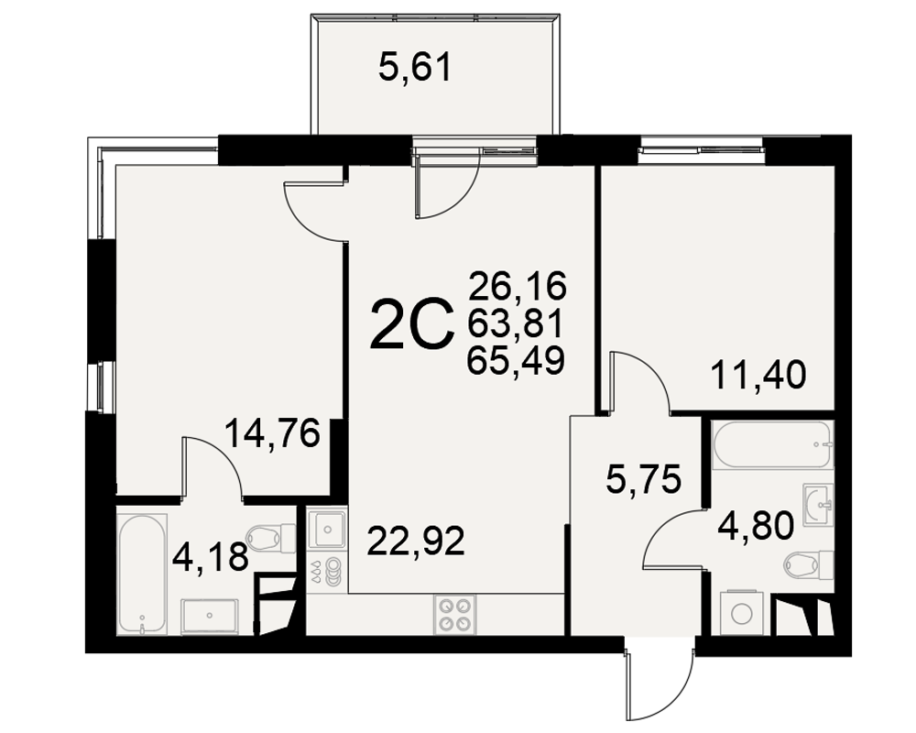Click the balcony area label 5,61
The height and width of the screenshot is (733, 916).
[x=415, y=67]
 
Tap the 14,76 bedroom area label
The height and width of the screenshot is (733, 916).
[x=273, y=433]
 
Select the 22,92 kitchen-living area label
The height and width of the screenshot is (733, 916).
[x=415, y=541]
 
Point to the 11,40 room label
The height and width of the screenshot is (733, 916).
[x=758, y=375]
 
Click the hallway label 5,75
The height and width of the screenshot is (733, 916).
[x=644, y=479]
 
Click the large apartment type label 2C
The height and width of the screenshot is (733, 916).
[x=412, y=324]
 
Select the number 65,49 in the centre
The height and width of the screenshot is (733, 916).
[x=515, y=359]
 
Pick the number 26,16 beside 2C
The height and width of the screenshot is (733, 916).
[x=518, y=286]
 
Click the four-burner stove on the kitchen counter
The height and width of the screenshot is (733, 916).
[x=455, y=614]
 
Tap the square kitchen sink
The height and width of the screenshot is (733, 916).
[x=328, y=530]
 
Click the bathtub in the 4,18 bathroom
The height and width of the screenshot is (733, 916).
[x=143, y=574]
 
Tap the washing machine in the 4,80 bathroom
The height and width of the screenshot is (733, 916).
[x=742, y=613]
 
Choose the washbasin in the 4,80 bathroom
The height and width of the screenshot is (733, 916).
[x=818, y=503]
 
